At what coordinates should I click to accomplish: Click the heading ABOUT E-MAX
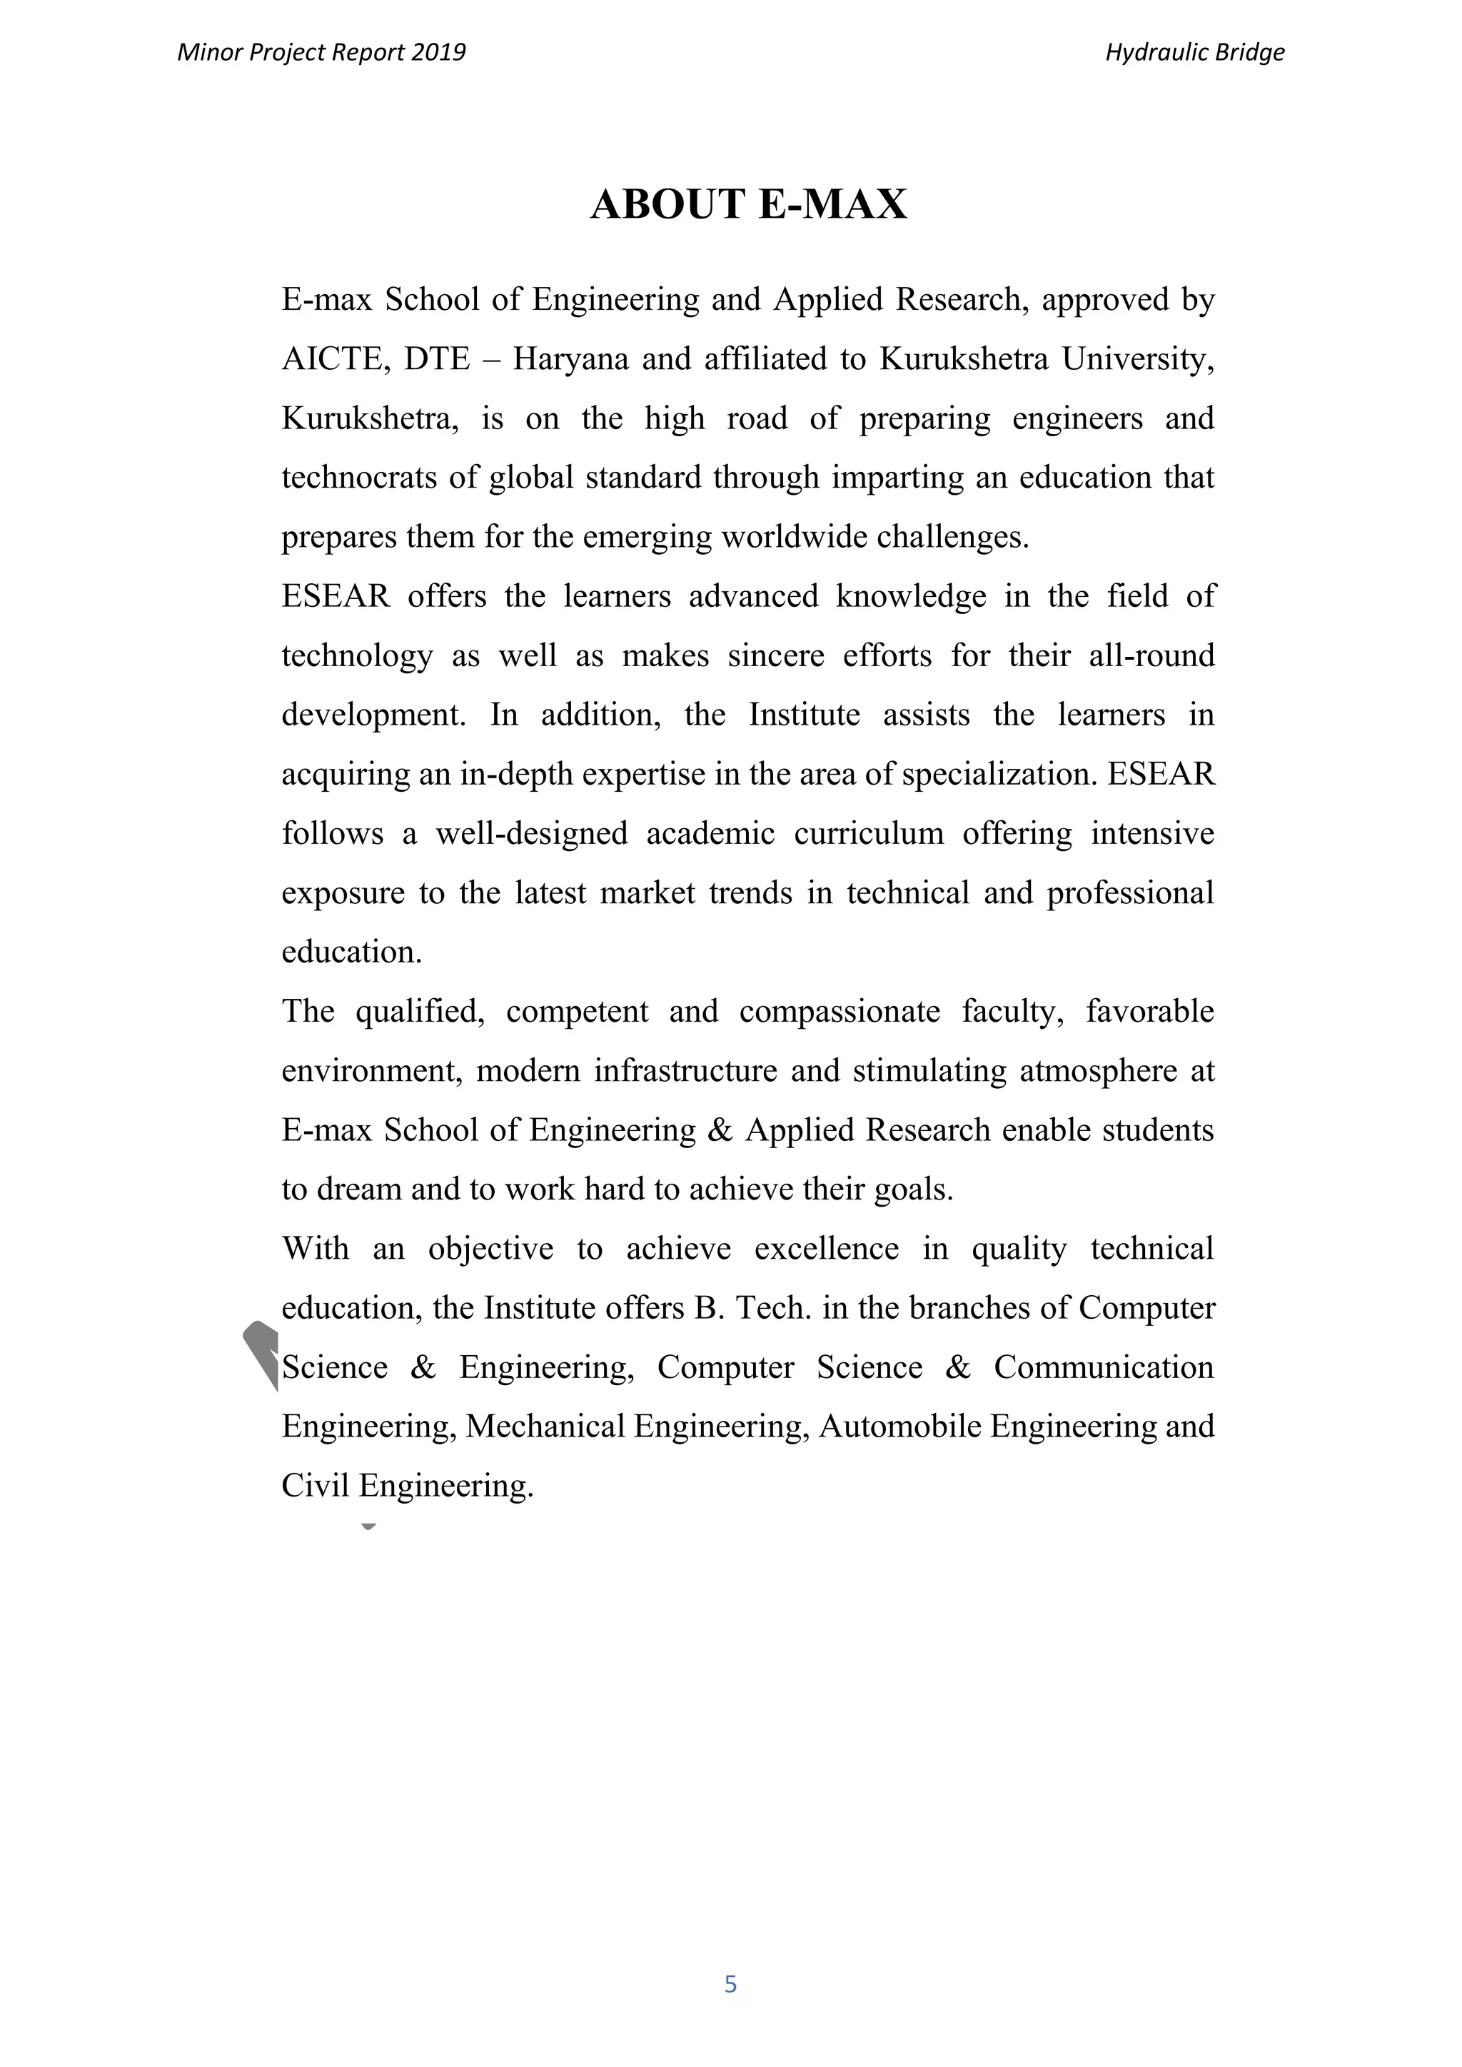(748, 204)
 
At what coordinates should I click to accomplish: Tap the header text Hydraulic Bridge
(1194, 52)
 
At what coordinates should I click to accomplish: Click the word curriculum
(868, 834)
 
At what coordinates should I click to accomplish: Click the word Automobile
(899, 1427)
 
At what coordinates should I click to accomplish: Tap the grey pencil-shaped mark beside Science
(261, 1353)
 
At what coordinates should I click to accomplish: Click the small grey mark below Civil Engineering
(368, 1526)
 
